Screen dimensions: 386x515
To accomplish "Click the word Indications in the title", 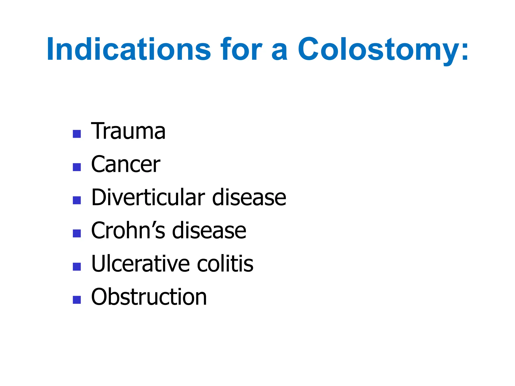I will pyautogui.click(x=128, y=49).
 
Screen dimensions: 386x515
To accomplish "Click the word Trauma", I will pyautogui.click(x=128, y=131).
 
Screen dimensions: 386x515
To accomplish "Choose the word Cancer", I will pyautogui.click(x=125, y=164).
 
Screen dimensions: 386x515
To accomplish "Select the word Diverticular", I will pyautogui.click(x=148, y=198).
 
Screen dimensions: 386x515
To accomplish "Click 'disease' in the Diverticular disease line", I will pyautogui.click(x=249, y=198).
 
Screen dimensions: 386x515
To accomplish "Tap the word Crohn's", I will pyautogui.click(x=128, y=231).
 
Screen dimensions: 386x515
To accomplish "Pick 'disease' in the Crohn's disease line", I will pyautogui.click(x=209, y=231).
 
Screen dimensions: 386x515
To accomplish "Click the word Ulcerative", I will pyautogui.click(x=141, y=264).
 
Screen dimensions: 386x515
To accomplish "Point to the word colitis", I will pyautogui.click(x=225, y=264).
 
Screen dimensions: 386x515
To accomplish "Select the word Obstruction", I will pyautogui.click(x=149, y=297).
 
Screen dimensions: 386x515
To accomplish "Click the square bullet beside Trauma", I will pyautogui.click(x=77, y=134).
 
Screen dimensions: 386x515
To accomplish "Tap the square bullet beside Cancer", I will pyautogui.click(x=77, y=167).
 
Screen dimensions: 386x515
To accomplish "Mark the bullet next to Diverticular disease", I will pyautogui.click(x=77, y=200).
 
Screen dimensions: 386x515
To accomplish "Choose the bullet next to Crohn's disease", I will pyautogui.click(x=77, y=233).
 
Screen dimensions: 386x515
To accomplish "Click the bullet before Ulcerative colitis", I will pyautogui.click(x=77, y=267).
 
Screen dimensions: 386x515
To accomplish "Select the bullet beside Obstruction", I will pyautogui.click(x=77, y=300).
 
